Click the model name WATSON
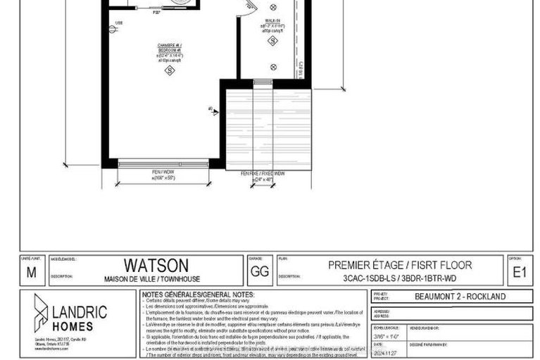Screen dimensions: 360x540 point(156,265)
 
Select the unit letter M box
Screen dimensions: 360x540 point(30,270)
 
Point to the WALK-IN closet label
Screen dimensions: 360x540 point(272,21)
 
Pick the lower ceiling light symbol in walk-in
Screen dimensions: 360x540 point(273,67)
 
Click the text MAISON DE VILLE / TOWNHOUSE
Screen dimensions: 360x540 point(156,279)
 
